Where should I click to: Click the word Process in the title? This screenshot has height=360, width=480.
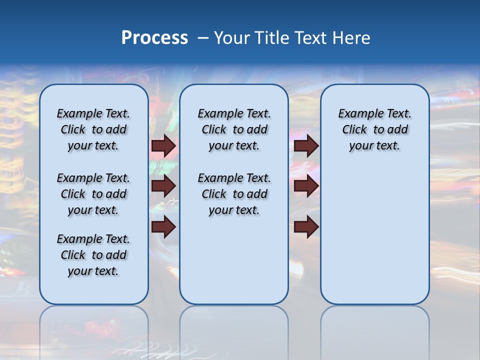pos(154,38)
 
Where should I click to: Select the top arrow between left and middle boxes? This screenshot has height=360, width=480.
pos(163,146)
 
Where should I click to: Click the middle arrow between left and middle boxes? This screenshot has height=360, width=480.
pos(163,186)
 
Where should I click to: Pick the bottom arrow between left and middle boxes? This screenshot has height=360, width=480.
pos(163,227)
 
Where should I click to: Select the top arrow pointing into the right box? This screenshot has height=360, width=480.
pos(306,146)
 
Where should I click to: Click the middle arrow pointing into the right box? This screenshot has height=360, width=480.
pos(306,186)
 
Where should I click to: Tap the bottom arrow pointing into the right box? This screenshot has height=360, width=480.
pos(306,227)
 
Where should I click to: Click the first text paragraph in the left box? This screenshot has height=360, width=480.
pos(93,129)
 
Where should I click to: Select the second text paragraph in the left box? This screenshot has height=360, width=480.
pos(93,194)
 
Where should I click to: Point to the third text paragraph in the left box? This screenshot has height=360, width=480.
pos(93,255)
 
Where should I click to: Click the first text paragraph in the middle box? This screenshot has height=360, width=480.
pos(234,129)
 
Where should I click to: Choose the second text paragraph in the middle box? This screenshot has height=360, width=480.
pos(234,194)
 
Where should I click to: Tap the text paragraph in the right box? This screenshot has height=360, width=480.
pos(374,129)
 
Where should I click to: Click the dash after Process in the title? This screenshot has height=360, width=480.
pos(203,38)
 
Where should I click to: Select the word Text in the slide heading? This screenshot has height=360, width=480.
pos(310,38)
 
